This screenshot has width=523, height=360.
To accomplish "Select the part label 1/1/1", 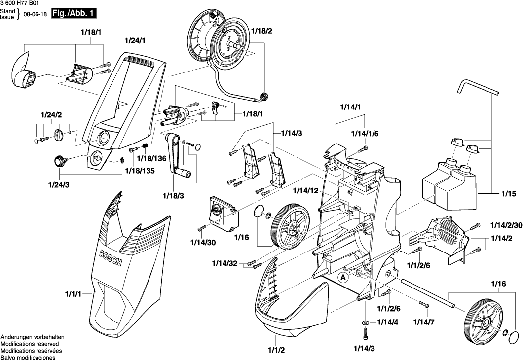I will (x=73, y=294).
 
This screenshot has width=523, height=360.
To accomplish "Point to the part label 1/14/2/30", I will (x=506, y=225).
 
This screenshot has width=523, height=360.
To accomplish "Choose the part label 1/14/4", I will (x=387, y=323).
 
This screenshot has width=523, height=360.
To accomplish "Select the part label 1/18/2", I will (x=261, y=31).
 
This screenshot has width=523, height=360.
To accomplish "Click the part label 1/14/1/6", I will (x=365, y=133).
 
